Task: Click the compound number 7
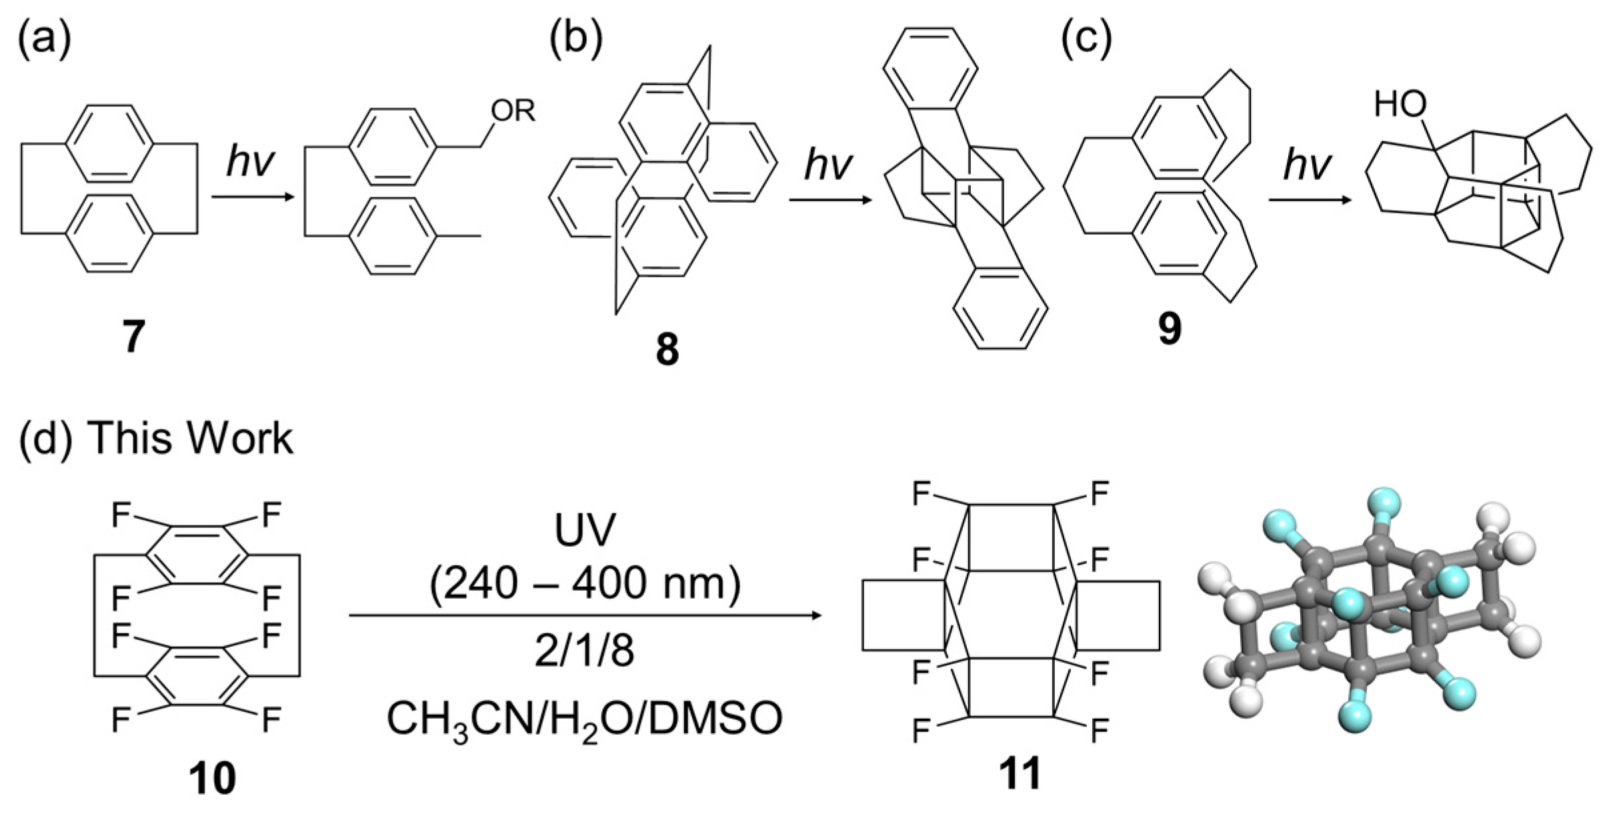(x=133, y=337)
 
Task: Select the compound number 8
(x=667, y=349)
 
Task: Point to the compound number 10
(x=212, y=778)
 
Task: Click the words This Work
(x=191, y=439)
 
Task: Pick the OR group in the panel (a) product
(x=513, y=111)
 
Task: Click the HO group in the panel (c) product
(x=1401, y=105)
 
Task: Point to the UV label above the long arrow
(x=585, y=531)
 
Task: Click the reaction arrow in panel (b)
(x=830, y=199)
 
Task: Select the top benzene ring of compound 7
(x=109, y=143)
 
